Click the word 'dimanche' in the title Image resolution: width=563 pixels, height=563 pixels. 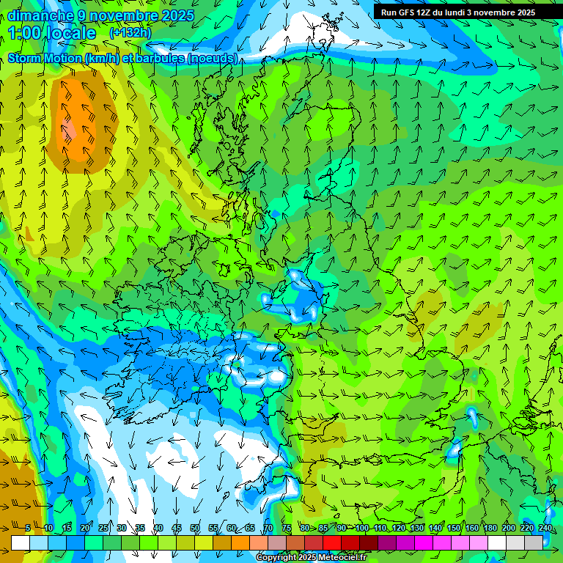pos(40,15)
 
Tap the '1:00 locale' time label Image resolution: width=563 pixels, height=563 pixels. pos(52,33)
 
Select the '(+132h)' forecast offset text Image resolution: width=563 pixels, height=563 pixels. pos(131,33)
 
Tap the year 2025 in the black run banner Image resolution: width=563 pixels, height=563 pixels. pos(521,12)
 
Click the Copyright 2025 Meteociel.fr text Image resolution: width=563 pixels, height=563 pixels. pos(311,558)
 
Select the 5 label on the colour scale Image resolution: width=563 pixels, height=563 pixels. pos(28,528)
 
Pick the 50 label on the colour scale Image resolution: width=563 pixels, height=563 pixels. pos(195,528)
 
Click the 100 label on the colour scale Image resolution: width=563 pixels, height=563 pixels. pos(362,528)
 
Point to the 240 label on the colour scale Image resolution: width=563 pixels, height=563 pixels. pos(545,528)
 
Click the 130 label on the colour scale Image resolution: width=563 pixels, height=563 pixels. pos(417,528)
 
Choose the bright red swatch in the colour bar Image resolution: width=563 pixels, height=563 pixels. pos(332,542)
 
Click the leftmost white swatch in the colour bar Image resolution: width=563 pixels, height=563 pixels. pos(21,542)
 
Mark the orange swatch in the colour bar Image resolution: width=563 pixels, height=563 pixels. pos(222,542)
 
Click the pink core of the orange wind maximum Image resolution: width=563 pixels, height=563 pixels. pos(70,130)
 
